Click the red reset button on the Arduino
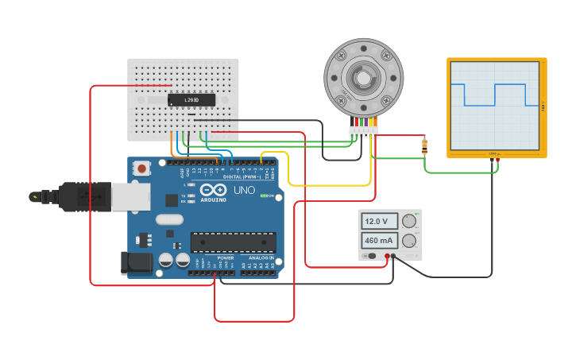point(142,168)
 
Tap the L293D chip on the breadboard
point(191,99)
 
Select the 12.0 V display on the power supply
point(378,221)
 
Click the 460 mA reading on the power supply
point(378,240)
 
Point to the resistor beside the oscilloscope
point(424,145)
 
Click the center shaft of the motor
point(363,78)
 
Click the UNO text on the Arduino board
point(243,191)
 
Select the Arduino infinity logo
point(214,190)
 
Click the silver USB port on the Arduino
point(130,196)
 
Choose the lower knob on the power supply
point(409,241)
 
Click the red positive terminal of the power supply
point(387,256)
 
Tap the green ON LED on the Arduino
point(265,195)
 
